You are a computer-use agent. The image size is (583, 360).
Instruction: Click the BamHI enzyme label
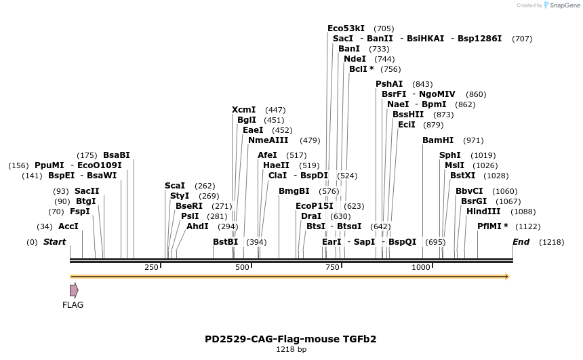438,140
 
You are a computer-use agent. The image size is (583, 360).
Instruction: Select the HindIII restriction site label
482,212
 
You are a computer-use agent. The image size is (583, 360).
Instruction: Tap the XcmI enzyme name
243,110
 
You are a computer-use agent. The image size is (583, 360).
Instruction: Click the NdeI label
355,59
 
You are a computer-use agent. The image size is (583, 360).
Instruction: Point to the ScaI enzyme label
175,186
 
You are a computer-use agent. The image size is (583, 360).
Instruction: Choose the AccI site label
68,226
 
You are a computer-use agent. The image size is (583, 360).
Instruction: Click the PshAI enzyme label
389,84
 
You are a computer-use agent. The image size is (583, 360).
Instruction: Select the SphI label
450,155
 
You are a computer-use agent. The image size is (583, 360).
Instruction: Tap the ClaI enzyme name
278,175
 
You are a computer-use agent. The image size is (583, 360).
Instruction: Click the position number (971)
473,140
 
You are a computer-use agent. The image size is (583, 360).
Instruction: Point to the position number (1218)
551,242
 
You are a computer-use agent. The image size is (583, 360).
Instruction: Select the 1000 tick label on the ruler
422,267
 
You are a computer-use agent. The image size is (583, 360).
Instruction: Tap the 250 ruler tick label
151,267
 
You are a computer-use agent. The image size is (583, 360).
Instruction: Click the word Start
55,242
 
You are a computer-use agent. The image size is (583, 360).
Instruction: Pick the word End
521,242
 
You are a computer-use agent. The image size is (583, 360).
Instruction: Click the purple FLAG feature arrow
74,290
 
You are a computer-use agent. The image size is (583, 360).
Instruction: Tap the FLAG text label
73,305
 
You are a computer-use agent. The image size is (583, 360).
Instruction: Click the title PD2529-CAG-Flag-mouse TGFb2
291,339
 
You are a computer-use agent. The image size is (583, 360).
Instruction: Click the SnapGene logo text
564,5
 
